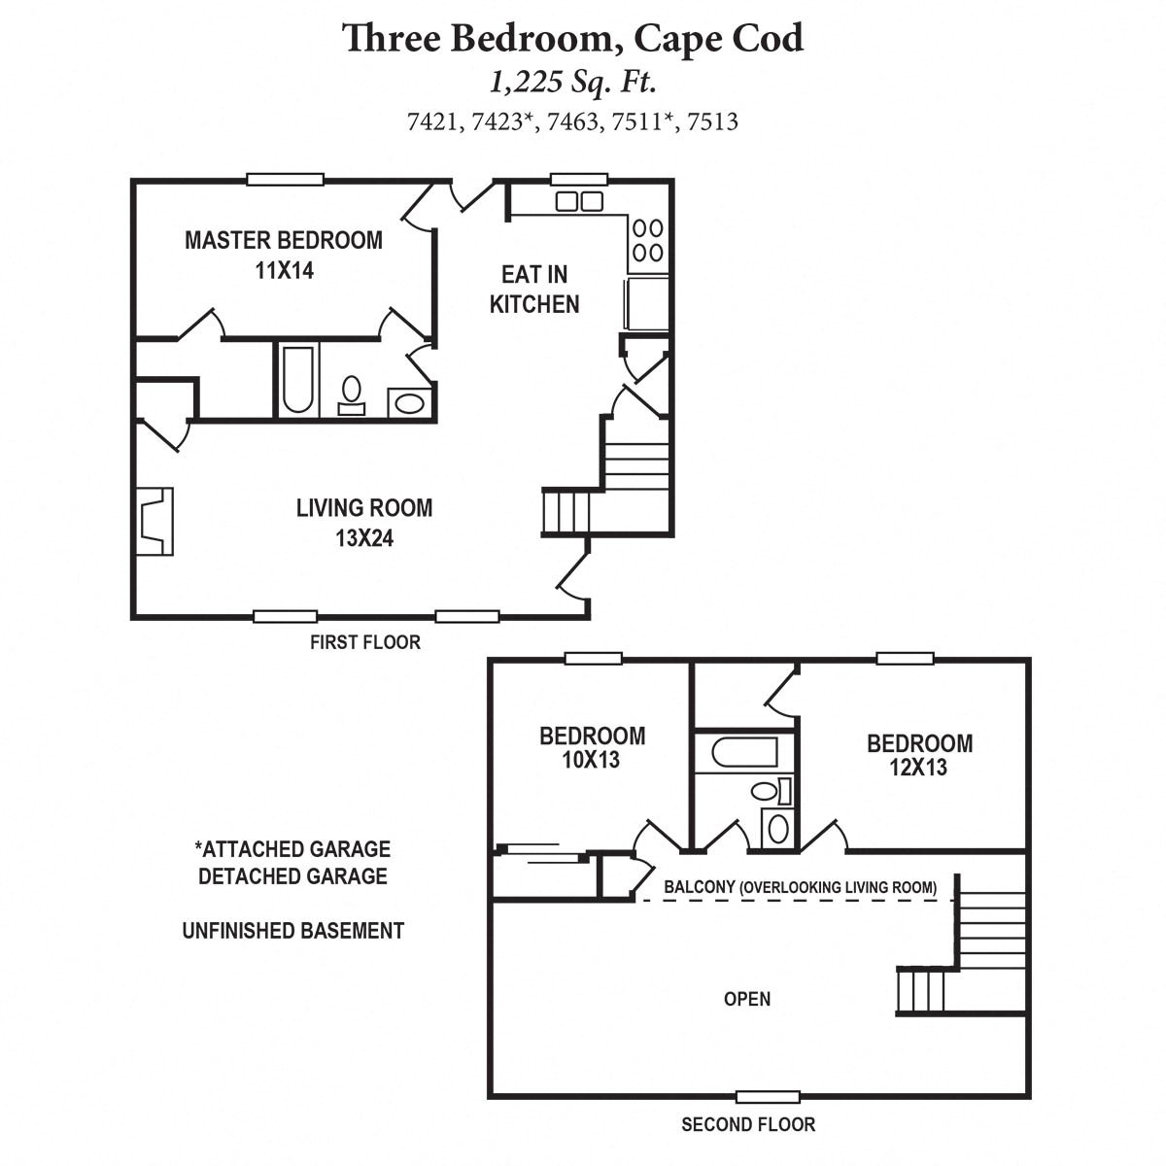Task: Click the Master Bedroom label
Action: tap(284, 240)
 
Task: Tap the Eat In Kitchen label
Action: tap(534, 289)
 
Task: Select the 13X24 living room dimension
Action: tap(364, 537)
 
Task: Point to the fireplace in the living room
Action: tap(154, 521)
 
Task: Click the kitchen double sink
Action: tap(578, 201)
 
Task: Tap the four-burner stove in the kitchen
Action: tap(648, 240)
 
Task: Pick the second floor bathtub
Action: tap(743, 753)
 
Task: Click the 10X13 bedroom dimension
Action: tap(591, 760)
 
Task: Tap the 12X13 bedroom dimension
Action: tap(918, 768)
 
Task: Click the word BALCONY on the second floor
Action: tap(698, 887)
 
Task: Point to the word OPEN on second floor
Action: tap(747, 999)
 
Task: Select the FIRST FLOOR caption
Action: tap(365, 642)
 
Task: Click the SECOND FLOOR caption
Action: tap(748, 1125)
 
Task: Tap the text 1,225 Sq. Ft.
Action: tap(573, 83)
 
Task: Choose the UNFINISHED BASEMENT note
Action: tap(293, 931)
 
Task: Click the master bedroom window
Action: tap(285, 179)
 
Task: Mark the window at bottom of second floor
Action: tap(768, 1097)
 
